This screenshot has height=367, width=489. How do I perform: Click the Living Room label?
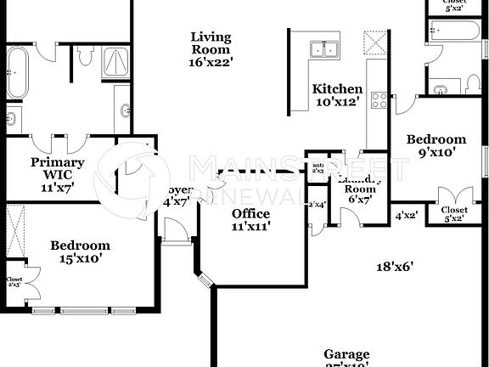[x=211, y=48]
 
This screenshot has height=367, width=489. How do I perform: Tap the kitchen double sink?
[x=323, y=49]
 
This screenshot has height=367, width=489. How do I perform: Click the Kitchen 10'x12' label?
[x=337, y=95]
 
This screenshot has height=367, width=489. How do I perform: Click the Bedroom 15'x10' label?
[x=80, y=252]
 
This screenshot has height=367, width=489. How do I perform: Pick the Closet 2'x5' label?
[x=14, y=281]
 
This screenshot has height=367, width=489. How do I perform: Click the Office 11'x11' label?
[x=251, y=220]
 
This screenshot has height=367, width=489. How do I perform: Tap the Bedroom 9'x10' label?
[x=436, y=146]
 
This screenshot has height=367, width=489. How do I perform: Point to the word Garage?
[x=346, y=354]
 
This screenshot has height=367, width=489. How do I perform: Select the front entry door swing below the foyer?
[x=172, y=229]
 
